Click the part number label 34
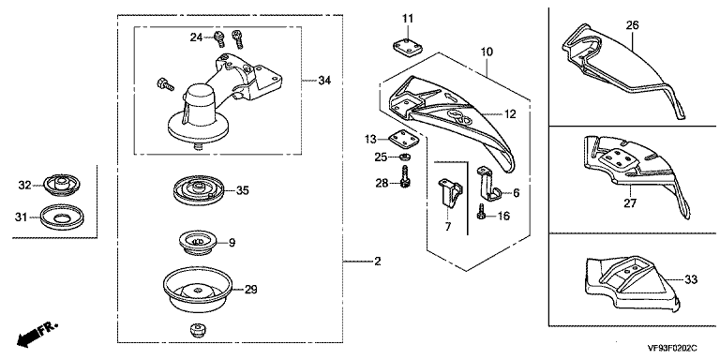click(x=324, y=81)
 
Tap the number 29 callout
click(x=250, y=290)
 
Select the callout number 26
click(x=632, y=25)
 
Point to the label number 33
click(x=691, y=278)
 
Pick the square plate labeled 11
click(x=407, y=48)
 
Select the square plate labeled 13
click(x=404, y=139)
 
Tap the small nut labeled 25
click(x=405, y=157)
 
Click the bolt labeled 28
click(x=405, y=176)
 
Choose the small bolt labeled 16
click(x=481, y=212)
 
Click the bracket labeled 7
click(x=450, y=193)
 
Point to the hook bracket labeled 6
click(x=488, y=184)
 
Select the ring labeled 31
click(x=62, y=216)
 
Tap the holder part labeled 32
click(x=61, y=185)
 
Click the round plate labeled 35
click(x=199, y=189)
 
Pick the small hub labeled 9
click(x=197, y=244)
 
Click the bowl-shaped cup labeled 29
click(x=197, y=290)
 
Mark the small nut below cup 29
click(x=198, y=330)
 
